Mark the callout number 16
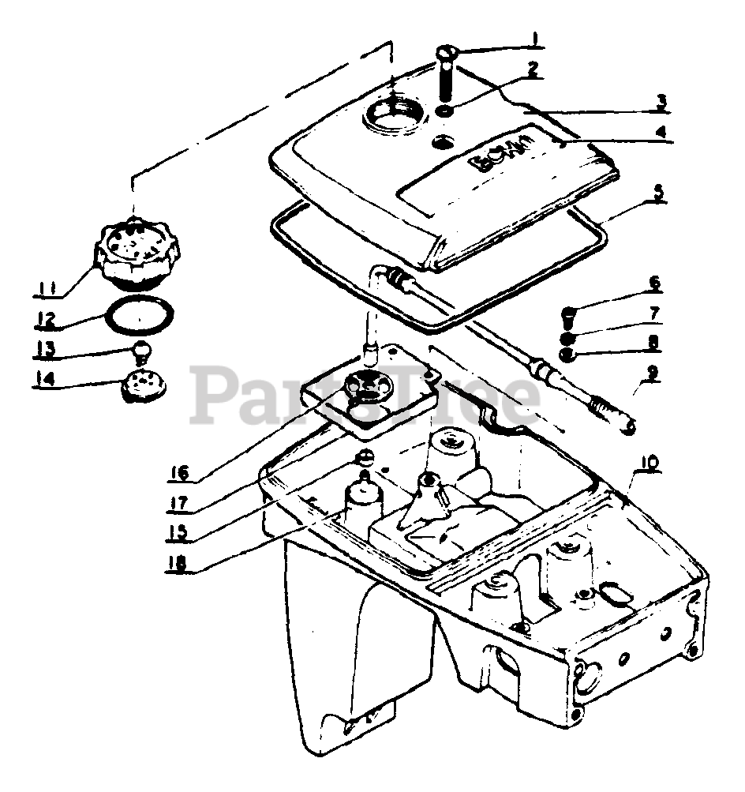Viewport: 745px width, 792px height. click(x=178, y=473)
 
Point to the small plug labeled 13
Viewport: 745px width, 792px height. click(x=141, y=348)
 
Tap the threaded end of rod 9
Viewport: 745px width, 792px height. click(x=616, y=416)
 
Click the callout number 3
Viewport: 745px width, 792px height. click(x=661, y=101)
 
